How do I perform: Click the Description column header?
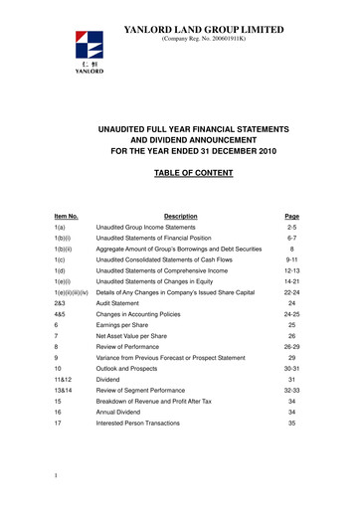pyautogui.click(x=181, y=217)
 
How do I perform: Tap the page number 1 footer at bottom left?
pyautogui.click(x=57, y=488)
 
